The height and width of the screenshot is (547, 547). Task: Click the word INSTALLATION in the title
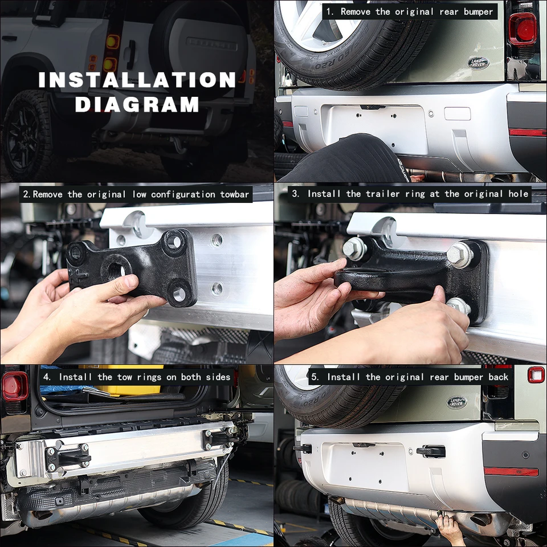(137, 80)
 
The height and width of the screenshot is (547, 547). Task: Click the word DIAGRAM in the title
(137, 104)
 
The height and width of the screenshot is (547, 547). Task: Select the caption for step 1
(409, 11)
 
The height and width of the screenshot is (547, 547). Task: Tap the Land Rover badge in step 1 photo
(478, 63)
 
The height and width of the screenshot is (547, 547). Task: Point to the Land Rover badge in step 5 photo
(456, 402)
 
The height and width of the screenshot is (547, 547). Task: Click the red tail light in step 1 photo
(522, 28)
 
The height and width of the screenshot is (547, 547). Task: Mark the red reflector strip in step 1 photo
(527, 132)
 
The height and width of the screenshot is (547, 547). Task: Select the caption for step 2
(136, 194)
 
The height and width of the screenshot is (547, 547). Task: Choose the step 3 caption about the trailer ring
(410, 194)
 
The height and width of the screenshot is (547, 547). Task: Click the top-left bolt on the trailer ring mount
(354, 248)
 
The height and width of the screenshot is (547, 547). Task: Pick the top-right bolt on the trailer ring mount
(459, 254)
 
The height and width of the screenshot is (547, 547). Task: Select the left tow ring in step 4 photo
(68, 456)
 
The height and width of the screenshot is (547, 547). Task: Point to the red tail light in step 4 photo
(14, 386)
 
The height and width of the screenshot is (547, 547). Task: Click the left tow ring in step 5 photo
(303, 448)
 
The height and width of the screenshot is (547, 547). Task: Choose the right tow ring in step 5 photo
(431, 451)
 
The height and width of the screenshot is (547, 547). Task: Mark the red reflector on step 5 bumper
(511, 472)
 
